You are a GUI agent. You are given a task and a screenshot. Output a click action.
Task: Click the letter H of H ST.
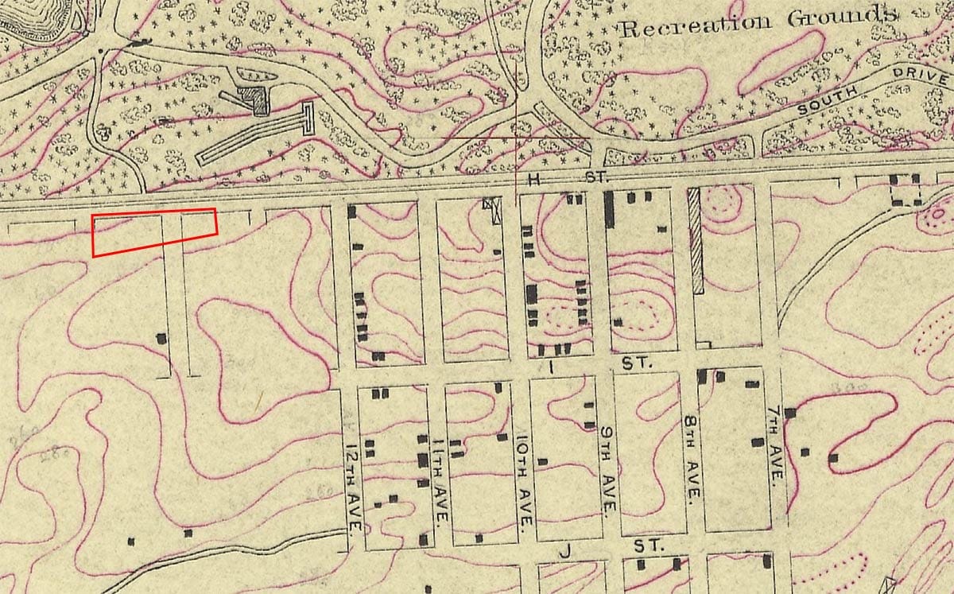tap(534, 180)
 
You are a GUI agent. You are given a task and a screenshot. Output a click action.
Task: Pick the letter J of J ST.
tap(566, 549)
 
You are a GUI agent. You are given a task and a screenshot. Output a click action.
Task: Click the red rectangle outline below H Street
tap(154, 233)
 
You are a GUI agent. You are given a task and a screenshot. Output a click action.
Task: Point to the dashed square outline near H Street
tap(905, 190)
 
